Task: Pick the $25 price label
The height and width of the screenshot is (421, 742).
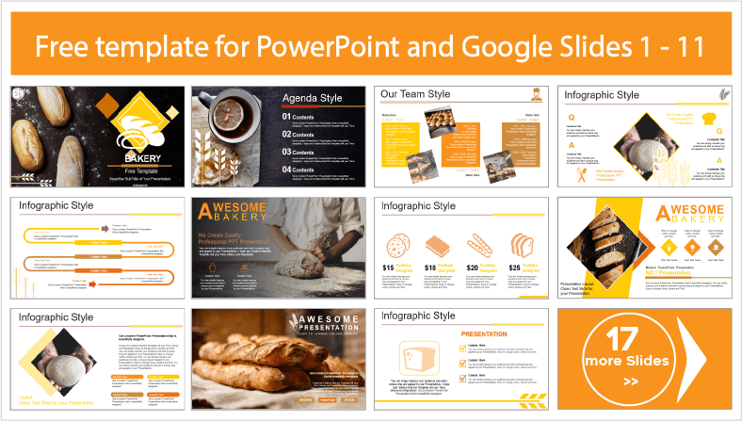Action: pos(517,268)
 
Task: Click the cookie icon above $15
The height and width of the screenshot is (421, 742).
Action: pos(396,246)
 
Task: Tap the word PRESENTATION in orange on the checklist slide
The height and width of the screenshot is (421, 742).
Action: pos(485,333)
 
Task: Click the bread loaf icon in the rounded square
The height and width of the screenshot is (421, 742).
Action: pos(417,357)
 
